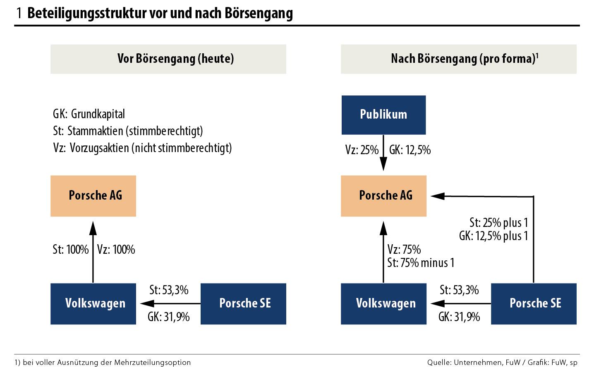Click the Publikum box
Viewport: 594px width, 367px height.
tap(383, 114)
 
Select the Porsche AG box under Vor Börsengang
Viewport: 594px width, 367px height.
tap(93, 195)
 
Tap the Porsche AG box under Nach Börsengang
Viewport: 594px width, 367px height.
tap(383, 195)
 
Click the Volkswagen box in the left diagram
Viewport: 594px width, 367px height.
tap(93, 303)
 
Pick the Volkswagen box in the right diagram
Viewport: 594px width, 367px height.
tap(383, 303)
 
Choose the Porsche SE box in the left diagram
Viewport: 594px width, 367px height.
tap(244, 303)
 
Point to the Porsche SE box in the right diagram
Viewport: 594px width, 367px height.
tap(534, 303)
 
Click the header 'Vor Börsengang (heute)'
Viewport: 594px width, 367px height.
tap(168, 59)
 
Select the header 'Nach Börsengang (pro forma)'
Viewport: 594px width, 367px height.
tap(459, 59)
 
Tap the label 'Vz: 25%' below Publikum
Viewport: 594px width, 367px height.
tap(362, 150)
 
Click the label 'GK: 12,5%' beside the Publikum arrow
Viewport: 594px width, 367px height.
tap(410, 150)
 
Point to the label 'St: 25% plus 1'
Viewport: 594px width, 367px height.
tap(498, 223)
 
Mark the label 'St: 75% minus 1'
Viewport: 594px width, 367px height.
tap(421, 262)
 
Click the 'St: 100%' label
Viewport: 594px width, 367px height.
tap(71, 250)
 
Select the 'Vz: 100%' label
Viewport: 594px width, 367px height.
tap(116, 250)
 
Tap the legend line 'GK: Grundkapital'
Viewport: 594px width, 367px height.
tap(89, 114)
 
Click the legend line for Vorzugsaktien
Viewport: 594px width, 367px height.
tap(142, 148)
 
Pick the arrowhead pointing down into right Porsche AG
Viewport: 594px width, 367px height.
tap(384, 165)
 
